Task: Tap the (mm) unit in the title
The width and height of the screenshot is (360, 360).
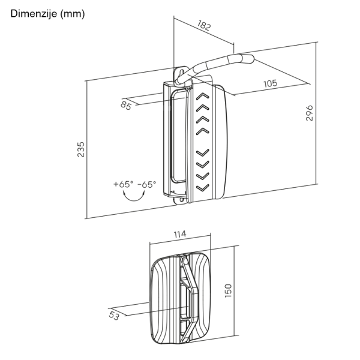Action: pos(72,13)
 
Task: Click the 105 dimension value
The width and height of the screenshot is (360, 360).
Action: pos(270,83)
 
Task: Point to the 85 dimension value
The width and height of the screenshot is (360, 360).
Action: pos(126,106)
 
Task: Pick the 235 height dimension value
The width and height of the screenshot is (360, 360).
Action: pos(81,149)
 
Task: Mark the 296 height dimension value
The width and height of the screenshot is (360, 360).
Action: pos(310,113)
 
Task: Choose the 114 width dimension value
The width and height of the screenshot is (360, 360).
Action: pos(179,234)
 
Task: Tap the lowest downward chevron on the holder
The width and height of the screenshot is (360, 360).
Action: pos(202,189)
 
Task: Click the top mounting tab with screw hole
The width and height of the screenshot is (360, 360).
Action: pos(179,74)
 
